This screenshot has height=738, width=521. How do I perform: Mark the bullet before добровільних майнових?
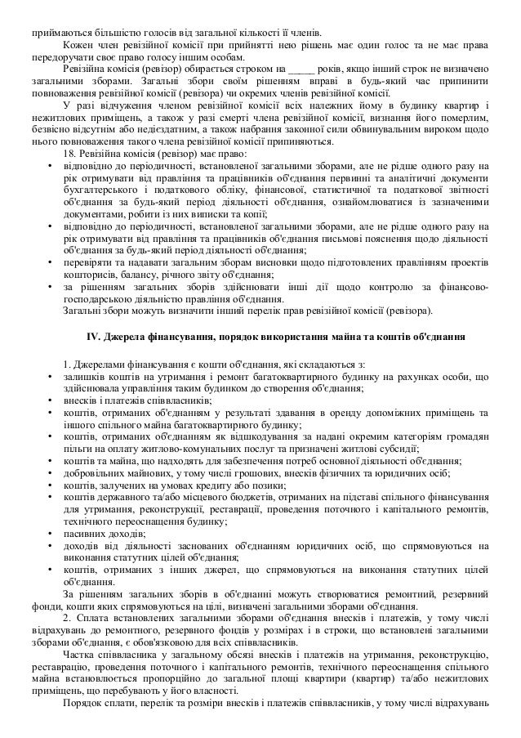(x=51, y=472)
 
